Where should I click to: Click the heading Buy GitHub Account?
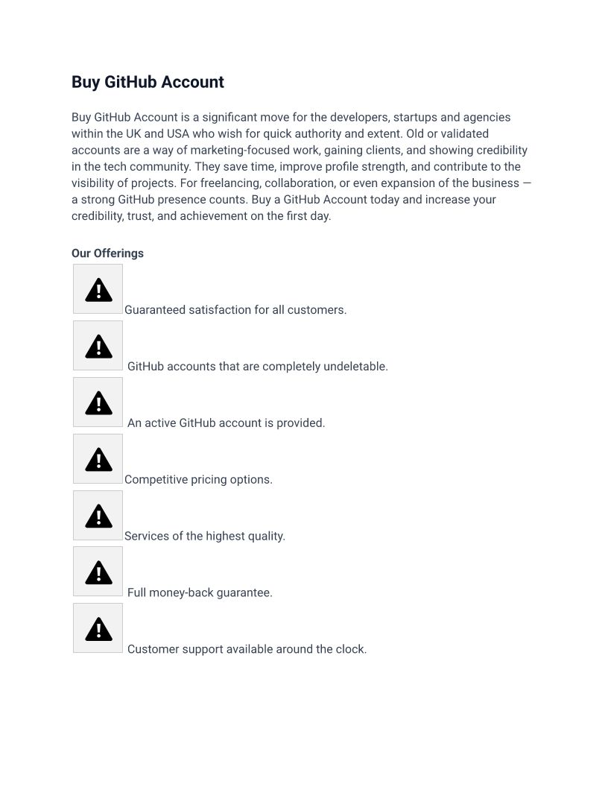click(x=148, y=82)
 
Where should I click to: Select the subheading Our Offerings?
click(x=107, y=253)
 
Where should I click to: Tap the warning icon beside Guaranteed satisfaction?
click(x=98, y=289)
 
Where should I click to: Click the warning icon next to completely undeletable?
click(x=98, y=346)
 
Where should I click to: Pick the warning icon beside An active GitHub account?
click(x=98, y=402)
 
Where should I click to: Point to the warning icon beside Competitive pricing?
click(x=98, y=459)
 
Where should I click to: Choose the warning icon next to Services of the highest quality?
click(x=98, y=516)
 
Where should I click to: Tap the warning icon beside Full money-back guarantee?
click(x=98, y=572)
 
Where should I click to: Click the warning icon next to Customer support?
click(x=98, y=629)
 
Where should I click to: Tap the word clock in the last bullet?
click(x=349, y=650)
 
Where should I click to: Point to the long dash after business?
click(x=527, y=183)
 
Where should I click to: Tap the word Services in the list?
click(x=148, y=537)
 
